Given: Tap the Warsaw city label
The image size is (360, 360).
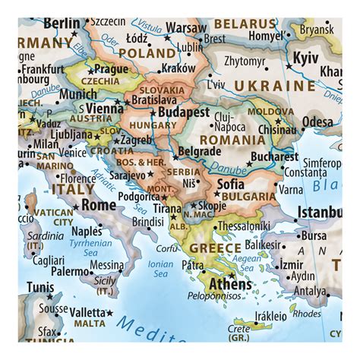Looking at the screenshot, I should pos(186,27).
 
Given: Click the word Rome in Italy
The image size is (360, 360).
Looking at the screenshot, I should pos(99,204).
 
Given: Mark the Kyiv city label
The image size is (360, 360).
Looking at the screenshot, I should pos(306,58).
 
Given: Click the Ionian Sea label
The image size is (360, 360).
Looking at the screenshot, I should pos(161,268).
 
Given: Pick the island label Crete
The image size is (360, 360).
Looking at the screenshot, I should pos(238,329).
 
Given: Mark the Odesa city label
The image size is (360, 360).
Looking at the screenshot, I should pos(317,122).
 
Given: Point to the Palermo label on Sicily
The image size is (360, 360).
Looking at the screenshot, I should pos(70,270).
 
